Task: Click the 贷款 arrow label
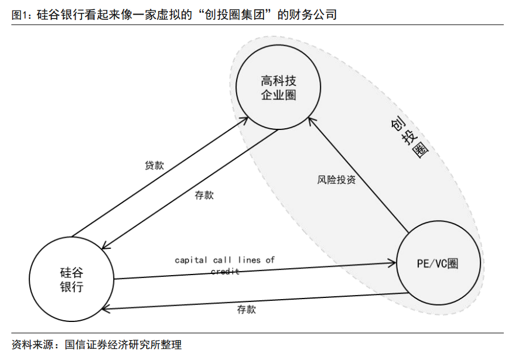click(154, 165)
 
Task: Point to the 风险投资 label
click(336, 180)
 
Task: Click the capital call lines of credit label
click(224, 265)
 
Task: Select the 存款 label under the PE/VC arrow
click(246, 309)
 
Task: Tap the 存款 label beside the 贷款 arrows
click(204, 196)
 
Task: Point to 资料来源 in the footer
click(30, 344)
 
